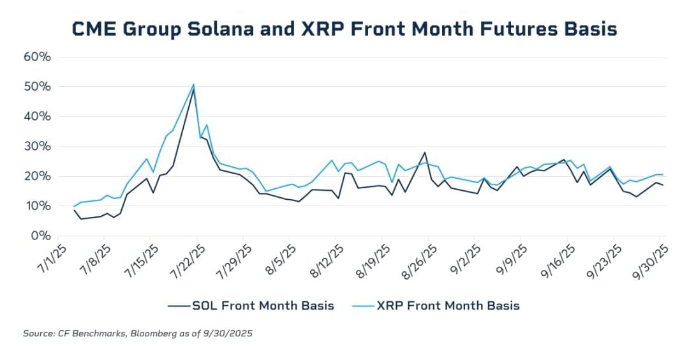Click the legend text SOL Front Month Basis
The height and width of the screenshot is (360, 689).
click(x=263, y=305)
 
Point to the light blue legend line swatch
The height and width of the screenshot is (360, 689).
click(x=364, y=306)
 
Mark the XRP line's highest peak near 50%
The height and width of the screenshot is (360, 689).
click(x=193, y=84)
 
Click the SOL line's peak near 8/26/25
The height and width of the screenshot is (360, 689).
click(x=425, y=153)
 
